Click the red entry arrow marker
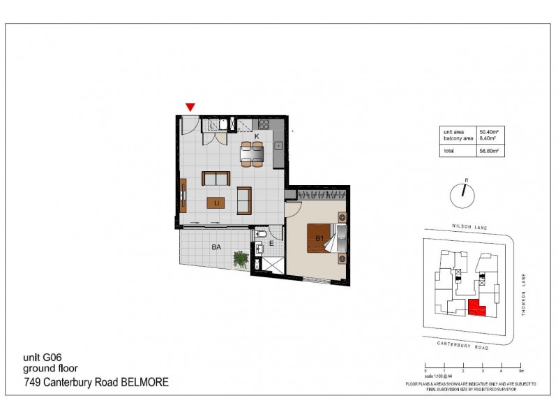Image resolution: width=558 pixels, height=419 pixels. coord(190,107)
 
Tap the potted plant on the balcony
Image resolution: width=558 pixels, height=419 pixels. coord(241,259)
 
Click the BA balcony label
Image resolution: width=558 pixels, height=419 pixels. coord(217,247)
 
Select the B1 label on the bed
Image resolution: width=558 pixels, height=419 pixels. coord(319,239)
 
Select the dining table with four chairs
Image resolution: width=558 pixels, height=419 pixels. coord(252,153)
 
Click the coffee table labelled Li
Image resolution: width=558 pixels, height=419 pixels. coord(217,203)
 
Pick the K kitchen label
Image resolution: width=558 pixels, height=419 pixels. coord(257,135)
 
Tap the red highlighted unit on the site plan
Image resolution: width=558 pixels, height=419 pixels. coord(476,307)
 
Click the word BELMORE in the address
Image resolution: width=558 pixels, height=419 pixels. coord(145,383)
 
